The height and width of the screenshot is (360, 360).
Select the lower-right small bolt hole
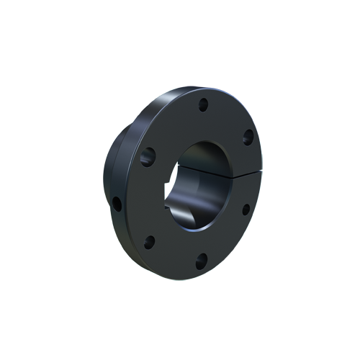[x=246, y=209]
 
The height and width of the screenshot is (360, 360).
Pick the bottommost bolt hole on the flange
[x=202, y=260]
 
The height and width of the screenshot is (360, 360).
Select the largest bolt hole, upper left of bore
[x=148, y=154]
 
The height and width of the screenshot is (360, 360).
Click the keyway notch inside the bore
[x=173, y=209]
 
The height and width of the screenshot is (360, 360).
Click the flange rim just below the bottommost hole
[x=202, y=272]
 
